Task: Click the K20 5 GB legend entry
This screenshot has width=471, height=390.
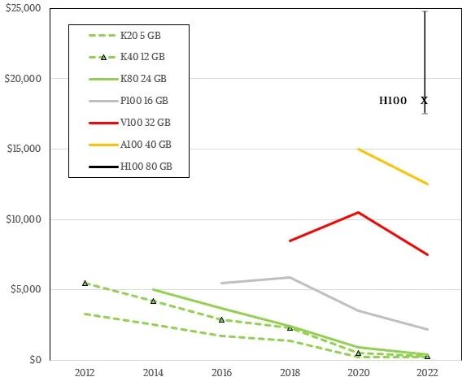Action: (124, 36)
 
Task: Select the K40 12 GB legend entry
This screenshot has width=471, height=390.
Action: (127, 57)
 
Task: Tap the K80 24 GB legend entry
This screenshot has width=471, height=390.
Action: (128, 79)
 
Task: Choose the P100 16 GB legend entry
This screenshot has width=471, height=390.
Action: (129, 101)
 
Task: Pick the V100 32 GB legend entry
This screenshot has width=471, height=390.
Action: (129, 123)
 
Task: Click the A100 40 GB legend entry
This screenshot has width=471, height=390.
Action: (130, 145)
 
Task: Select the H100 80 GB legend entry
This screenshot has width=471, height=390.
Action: (130, 167)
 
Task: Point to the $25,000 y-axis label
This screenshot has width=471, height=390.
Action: (23, 8)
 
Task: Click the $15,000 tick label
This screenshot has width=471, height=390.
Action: (24, 149)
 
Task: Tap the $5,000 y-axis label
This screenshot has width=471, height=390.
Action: (26, 289)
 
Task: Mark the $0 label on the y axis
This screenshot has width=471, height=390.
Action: (35, 359)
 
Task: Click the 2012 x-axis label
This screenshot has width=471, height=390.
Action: (85, 373)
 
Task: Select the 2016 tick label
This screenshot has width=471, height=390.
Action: (222, 373)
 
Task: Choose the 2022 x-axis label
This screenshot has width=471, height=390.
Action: (427, 373)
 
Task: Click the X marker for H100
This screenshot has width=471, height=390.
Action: (424, 100)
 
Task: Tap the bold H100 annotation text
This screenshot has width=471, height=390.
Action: (393, 100)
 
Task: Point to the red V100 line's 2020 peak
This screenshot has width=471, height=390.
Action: (359, 212)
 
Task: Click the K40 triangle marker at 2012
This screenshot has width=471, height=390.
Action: (85, 283)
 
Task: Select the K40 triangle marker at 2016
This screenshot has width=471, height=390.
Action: (222, 320)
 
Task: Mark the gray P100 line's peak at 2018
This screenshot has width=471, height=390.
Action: (290, 277)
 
